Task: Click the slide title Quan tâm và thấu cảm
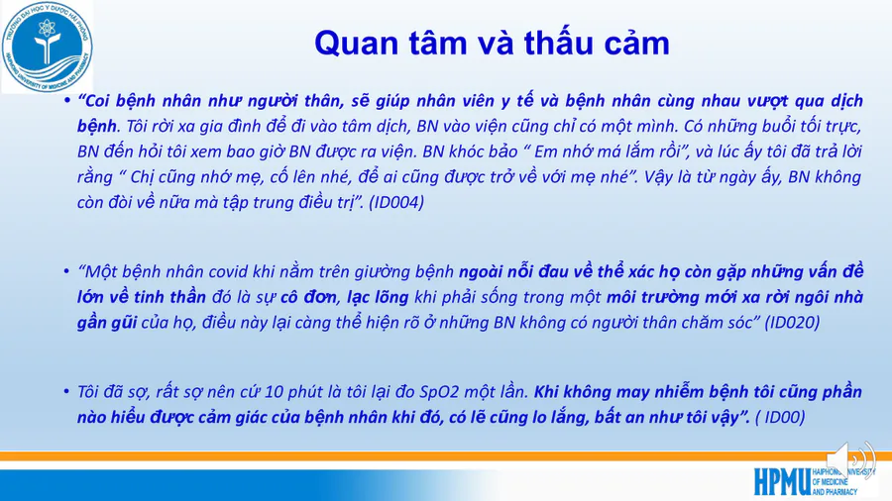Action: pos(492,43)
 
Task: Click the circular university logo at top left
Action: pos(48,47)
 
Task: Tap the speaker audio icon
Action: pos(850,459)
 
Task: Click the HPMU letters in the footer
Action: pos(782,481)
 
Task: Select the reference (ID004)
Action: pos(395,202)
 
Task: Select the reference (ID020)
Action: pos(791,323)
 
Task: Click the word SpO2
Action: pos(439,392)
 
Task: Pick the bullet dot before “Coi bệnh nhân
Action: pos(67,101)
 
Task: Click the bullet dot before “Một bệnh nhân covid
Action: pos(67,272)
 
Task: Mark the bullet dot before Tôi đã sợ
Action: pos(67,392)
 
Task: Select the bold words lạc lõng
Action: pos(378,298)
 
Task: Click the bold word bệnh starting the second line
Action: pos(97,126)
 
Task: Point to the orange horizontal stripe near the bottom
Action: pos(446,455)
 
